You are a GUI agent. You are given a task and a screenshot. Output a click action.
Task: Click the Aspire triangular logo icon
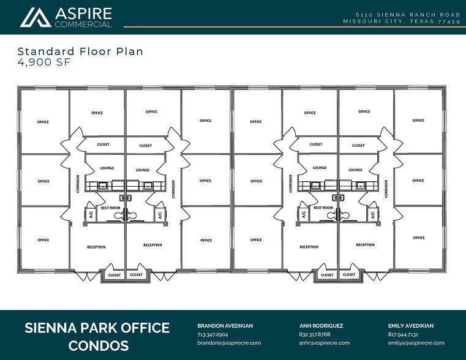(35, 17)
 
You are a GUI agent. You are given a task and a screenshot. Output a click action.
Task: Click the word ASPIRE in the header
(83, 13)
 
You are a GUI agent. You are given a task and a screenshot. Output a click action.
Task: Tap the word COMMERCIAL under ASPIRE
(83, 24)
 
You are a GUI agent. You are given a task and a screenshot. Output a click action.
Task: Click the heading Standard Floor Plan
(80, 51)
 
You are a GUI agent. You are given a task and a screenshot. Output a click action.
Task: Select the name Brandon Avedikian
(225, 326)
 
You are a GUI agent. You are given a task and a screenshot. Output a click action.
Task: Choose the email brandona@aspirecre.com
(229, 343)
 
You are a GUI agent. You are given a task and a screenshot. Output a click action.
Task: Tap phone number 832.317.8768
(315, 335)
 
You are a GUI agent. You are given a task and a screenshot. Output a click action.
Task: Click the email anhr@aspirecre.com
(324, 343)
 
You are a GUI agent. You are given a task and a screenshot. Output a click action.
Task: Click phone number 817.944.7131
(403, 335)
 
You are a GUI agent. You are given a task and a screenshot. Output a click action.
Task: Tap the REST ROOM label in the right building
(323, 208)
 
